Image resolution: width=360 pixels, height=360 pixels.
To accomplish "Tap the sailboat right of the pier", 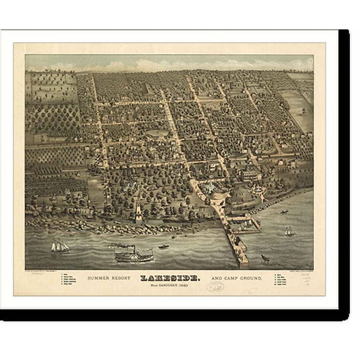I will (289, 232).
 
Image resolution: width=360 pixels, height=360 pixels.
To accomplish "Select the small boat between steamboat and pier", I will (164, 247).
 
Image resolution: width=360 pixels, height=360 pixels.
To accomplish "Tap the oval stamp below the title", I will (214, 287).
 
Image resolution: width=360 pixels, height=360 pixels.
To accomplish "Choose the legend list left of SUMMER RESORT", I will (70, 279).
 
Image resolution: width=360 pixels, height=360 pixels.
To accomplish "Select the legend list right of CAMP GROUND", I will (278, 279).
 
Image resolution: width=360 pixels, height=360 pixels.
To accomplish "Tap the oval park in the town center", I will (157, 132).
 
